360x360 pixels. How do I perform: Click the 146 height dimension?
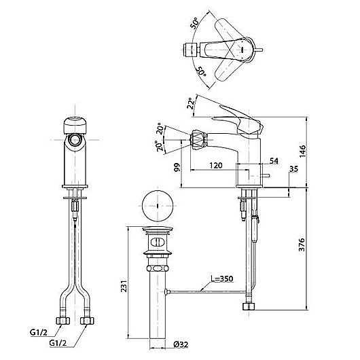point(302,151)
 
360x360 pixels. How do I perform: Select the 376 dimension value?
point(302,245)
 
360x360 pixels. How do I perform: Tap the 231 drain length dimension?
point(124,285)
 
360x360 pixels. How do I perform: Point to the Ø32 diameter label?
point(181,344)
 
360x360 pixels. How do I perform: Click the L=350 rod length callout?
point(222,278)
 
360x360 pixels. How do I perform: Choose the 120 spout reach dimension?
point(216,165)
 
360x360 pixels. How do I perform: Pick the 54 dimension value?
point(274,161)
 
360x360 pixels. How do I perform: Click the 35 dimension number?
point(293,169)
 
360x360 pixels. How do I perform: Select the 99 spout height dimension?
point(177,168)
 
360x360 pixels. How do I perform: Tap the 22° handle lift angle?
point(191,103)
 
